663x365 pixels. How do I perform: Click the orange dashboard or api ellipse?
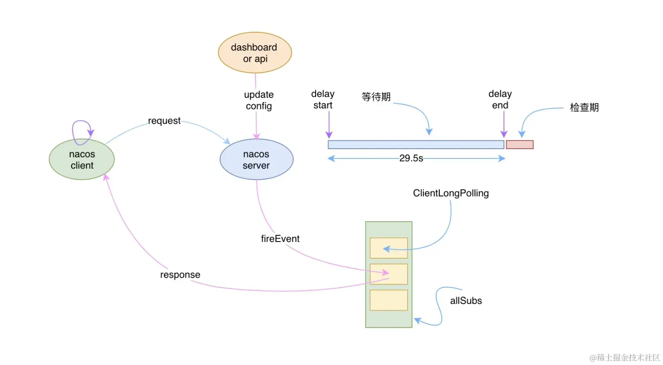pyautogui.click(x=255, y=53)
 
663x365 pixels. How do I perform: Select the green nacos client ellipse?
pyautogui.click(x=82, y=160)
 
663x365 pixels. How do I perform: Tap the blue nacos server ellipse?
pyautogui.click(x=256, y=160)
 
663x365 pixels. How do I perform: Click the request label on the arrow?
pyautogui.click(x=164, y=121)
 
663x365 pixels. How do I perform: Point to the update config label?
pyautogui.click(x=259, y=100)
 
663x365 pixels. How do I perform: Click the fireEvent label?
pyautogui.click(x=280, y=239)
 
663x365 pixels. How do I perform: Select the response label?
pyautogui.click(x=180, y=275)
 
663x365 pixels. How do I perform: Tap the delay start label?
pyautogui.click(x=323, y=100)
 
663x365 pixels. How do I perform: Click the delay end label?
pyautogui.click(x=500, y=100)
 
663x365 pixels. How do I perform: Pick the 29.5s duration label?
pyautogui.click(x=411, y=158)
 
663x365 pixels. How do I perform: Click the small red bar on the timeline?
pyautogui.click(x=519, y=145)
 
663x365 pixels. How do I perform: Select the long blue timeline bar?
pyautogui.click(x=415, y=145)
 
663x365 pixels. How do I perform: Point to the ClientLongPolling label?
pyautogui.click(x=451, y=193)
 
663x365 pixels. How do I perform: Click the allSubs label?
pyautogui.click(x=466, y=301)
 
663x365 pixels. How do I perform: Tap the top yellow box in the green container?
pyautogui.click(x=389, y=248)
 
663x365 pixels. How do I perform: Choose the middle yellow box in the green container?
pyautogui.click(x=389, y=274)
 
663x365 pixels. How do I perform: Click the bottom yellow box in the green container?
pyautogui.click(x=389, y=300)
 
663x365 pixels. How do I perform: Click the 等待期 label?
pyautogui.click(x=376, y=97)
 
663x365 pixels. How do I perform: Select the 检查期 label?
pyautogui.click(x=584, y=108)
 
